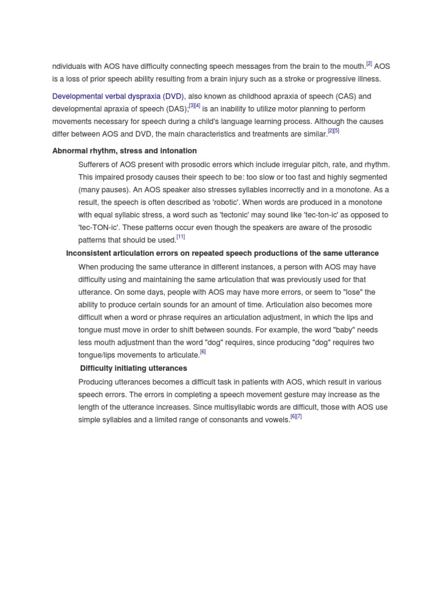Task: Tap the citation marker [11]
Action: pos(181,237)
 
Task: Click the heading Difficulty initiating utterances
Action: pos(134,368)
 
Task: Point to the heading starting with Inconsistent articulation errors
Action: pos(223,253)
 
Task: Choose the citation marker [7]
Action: pos(299,416)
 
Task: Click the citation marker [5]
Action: pos(336,131)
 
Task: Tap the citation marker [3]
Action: pos(192,105)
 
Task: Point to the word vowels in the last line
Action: pos(276,420)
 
